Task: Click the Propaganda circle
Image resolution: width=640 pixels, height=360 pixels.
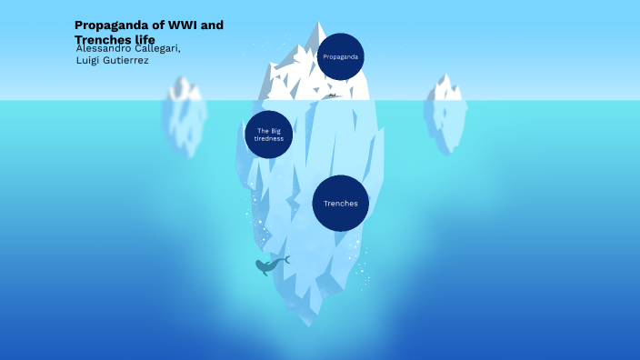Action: point(341,56)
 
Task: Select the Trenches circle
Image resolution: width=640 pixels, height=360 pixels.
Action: point(341,203)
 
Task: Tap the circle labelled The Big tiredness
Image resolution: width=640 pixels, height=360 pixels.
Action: point(268,135)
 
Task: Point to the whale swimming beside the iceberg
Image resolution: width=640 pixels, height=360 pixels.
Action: point(268,266)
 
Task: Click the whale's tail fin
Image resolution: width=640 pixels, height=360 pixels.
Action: point(285,260)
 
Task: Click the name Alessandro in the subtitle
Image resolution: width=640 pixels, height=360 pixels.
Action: point(105,48)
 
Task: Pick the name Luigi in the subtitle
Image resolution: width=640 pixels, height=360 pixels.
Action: point(91,60)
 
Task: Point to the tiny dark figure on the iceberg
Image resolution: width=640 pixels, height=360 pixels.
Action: point(333,95)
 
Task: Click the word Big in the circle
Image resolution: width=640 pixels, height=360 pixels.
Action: point(275,131)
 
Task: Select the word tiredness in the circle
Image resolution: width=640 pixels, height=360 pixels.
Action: point(268,139)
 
